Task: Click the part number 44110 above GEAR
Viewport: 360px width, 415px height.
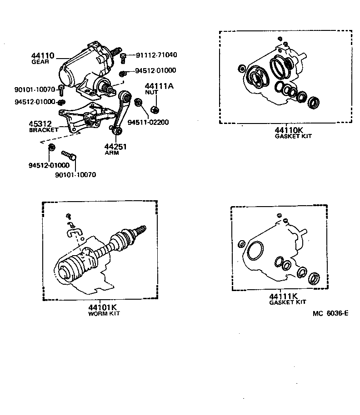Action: click(x=42, y=56)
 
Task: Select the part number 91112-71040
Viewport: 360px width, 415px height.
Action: click(x=156, y=55)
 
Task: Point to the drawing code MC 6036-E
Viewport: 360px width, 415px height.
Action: click(x=330, y=313)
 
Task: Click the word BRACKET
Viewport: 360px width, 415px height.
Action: click(x=44, y=130)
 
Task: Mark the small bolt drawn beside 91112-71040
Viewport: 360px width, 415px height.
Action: click(x=123, y=56)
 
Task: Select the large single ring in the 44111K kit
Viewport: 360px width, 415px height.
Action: click(x=255, y=249)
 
